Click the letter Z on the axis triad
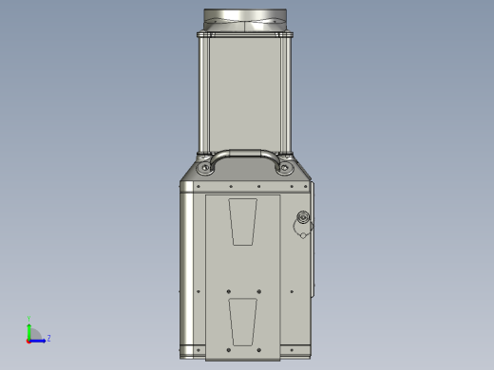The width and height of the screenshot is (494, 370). [48, 337]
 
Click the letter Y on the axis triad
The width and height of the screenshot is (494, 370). [29, 319]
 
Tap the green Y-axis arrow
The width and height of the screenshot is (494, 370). [29, 329]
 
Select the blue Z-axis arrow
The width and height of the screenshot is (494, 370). [40, 339]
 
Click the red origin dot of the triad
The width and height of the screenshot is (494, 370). [29, 339]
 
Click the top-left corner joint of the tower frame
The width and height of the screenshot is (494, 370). [201, 35]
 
